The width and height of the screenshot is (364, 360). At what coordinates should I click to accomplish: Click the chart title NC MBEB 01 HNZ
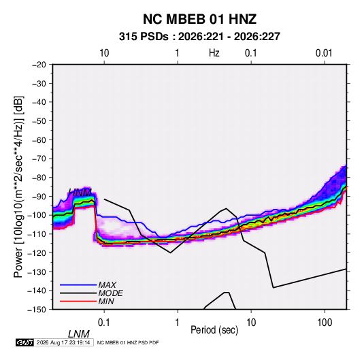[199, 19]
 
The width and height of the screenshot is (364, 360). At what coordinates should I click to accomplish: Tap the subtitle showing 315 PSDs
[199, 37]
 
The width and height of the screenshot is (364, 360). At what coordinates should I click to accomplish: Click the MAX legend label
[107, 284]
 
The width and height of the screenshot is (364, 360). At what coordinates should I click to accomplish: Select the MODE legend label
[110, 293]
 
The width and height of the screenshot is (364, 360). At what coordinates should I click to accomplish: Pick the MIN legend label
[106, 301]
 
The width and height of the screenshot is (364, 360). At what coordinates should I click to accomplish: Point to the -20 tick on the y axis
[39, 65]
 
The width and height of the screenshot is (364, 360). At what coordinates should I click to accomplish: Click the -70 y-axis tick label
[39, 159]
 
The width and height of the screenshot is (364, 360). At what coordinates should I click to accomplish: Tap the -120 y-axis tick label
[37, 252]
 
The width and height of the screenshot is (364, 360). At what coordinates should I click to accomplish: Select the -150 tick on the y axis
[37, 310]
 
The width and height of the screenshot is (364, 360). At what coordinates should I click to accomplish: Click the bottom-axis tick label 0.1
[104, 323]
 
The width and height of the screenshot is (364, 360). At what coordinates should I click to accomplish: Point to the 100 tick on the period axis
[325, 323]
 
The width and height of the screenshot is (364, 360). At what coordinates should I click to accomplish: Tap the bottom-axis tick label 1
[178, 323]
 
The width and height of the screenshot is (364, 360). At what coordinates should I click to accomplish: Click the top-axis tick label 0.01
[324, 53]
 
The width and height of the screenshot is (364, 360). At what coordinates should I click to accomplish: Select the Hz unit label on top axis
[214, 53]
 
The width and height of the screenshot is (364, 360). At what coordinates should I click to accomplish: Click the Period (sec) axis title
[214, 330]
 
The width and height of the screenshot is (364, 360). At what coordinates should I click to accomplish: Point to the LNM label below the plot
[79, 334]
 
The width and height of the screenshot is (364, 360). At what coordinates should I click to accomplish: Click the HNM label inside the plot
[80, 193]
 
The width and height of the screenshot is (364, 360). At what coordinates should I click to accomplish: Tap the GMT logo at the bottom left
[24, 342]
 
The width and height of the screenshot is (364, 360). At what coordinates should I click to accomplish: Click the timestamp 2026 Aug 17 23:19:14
[63, 342]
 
